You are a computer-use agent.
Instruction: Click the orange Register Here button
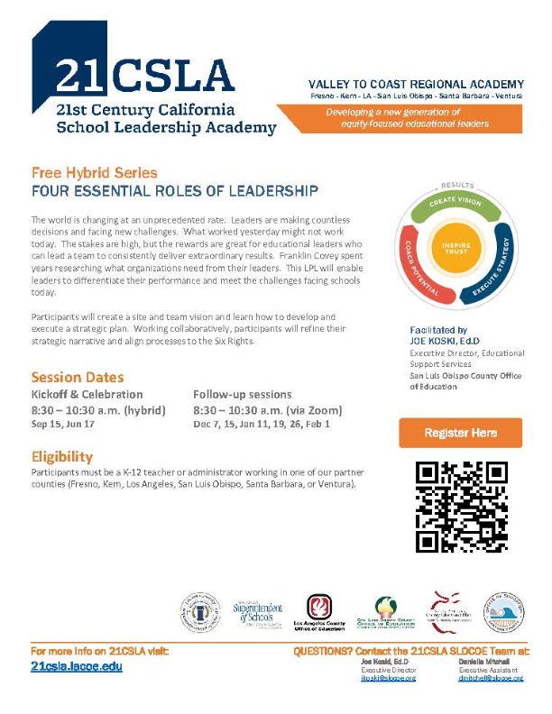tap(460, 433)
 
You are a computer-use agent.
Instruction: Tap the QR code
tap(460, 506)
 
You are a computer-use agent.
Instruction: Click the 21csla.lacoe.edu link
tap(77, 666)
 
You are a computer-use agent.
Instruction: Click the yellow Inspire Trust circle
tap(457, 248)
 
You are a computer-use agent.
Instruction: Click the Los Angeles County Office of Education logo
tap(319, 613)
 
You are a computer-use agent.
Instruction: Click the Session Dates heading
tap(78, 377)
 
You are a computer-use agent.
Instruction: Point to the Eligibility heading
tap(62, 457)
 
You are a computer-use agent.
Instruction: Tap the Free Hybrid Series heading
tap(94, 172)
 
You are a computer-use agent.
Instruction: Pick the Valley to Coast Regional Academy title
tap(416, 85)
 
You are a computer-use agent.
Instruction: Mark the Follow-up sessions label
tap(243, 394)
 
